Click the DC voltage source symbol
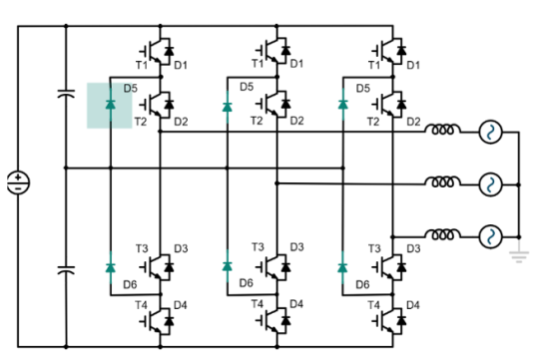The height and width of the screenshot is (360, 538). [x=19, y=183]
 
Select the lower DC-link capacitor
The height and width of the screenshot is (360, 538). [x=66, y=269]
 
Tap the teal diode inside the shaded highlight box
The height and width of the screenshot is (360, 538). [x=110, y=104]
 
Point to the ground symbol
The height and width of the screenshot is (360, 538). [x=517, y=255]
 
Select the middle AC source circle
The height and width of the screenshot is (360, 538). [x=490, y=183]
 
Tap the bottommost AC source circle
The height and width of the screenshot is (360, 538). [x=490, y=236]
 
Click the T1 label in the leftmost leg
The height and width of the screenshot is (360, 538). [x=141, y=65]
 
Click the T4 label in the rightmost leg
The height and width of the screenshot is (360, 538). [x=374, y=304]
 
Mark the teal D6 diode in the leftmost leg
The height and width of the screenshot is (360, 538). [x=110, y=266]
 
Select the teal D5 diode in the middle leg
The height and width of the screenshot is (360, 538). [x=227, y=104]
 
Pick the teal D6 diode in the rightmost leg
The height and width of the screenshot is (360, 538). [x=342, y=266]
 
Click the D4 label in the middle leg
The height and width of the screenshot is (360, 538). [x=296, y=304]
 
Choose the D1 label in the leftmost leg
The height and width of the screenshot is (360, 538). [x=181, y=65]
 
